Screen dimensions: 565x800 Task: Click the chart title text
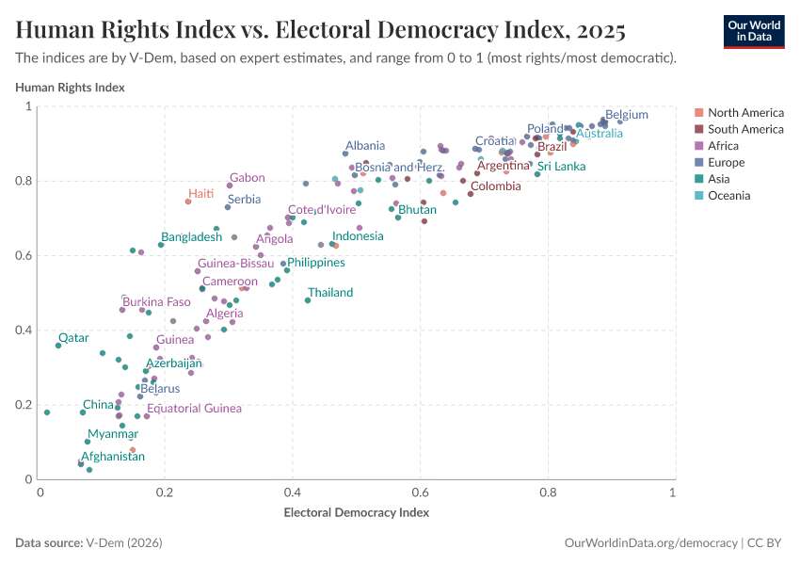321,30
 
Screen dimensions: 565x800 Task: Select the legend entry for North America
744,112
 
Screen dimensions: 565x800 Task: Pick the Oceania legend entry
729,196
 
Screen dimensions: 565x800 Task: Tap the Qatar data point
58,346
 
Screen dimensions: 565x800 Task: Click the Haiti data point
188,202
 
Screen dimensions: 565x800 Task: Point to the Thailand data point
308,300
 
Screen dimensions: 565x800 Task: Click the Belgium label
626,115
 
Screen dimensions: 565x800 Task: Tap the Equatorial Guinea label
194,409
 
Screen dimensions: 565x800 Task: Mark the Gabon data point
229,186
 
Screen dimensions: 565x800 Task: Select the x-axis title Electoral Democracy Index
356,513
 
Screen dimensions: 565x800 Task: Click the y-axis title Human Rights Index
71,88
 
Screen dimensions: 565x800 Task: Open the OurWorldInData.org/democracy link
650,543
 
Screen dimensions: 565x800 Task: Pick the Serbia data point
228,207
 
